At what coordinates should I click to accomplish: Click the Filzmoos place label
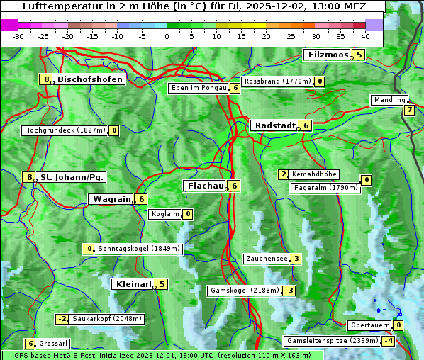tap(328, 55)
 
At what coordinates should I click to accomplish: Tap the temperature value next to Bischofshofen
tap(46, 79)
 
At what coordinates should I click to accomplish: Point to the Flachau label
tap(204, 186)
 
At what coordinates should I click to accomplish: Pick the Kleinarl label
tap(133, 284)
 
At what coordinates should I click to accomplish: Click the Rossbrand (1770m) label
tap(277, 81)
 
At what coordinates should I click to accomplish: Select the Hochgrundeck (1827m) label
tap(65, 130)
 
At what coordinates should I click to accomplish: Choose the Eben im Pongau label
tap(198, 88)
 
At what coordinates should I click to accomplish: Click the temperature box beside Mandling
tap(409, 110)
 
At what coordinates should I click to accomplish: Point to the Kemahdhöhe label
tap(314, 174)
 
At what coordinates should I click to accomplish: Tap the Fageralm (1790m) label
tap(325, 188)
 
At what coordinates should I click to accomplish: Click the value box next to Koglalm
tap(188, 214)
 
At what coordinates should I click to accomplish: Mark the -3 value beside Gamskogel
tap(289, 291)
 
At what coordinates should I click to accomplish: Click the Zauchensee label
tap(267, 259)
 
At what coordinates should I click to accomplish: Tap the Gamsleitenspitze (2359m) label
tap(331, 341)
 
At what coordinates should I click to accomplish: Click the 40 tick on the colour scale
tap(365, 36)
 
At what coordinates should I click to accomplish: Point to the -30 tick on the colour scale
tap(18, 36)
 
